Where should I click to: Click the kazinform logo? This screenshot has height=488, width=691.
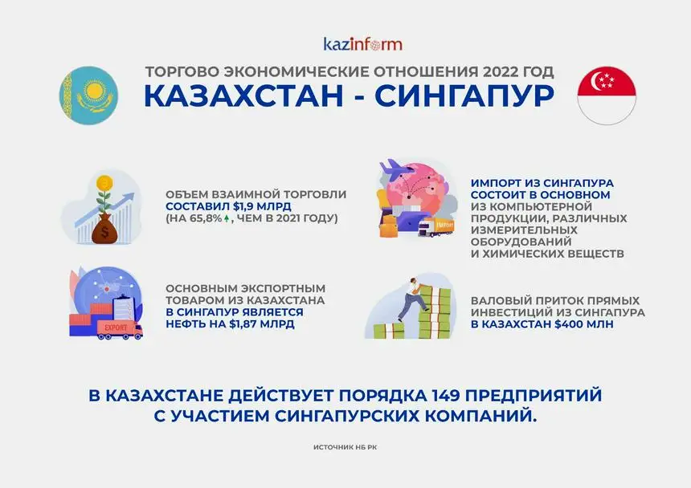click(362, 44)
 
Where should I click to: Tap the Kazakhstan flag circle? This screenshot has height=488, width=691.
click(88, 96)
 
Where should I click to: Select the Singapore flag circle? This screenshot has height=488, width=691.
click(607, 96)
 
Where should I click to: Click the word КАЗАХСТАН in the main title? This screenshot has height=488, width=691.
click(243, 96)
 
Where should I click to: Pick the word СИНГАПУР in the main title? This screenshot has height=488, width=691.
click(464, 96)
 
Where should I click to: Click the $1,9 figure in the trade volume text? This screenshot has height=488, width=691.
click(243, 206)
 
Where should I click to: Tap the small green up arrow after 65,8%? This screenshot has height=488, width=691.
click(227, 218)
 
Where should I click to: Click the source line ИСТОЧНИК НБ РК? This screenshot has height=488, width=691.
click(345, 447)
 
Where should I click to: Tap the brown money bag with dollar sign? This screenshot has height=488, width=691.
click(104, 230)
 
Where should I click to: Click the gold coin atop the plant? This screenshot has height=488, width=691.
click(104, 181)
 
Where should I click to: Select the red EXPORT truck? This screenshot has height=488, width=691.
click(119, 329)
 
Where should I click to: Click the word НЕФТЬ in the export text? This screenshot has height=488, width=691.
click(184, 324)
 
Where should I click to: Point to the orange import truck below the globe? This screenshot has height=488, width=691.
click(436, 226)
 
